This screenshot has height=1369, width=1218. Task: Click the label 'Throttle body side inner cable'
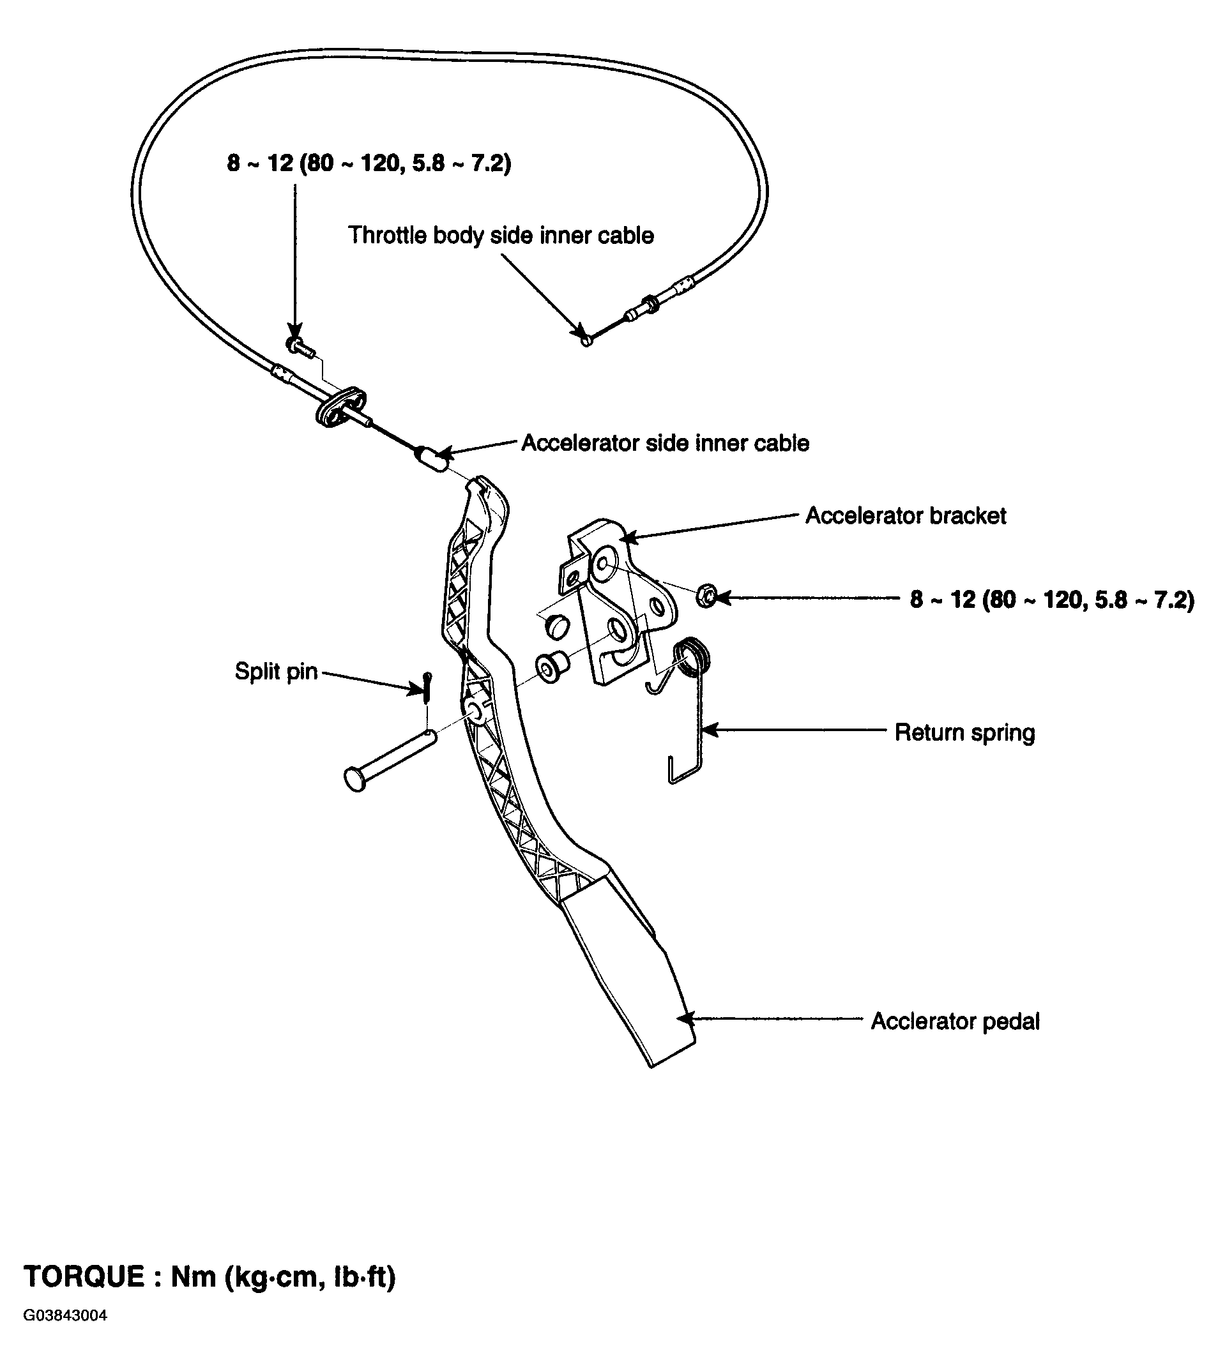[501, 236]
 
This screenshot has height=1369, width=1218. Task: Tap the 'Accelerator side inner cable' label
[665, 443]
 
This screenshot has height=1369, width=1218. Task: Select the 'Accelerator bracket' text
[905, 516]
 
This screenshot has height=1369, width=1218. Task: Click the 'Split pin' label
[276, 671]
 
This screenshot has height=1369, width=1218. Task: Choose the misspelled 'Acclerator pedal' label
[955, 1021]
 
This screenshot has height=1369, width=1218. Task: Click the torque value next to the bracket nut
[1052, 600]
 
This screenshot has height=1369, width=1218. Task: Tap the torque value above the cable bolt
[369, 163]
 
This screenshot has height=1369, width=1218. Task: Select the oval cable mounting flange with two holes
[340, 406]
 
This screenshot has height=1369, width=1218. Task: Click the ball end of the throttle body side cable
[586, 341]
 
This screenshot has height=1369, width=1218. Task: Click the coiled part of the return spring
[692, 656]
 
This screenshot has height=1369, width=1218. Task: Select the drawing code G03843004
[65, 1334]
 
